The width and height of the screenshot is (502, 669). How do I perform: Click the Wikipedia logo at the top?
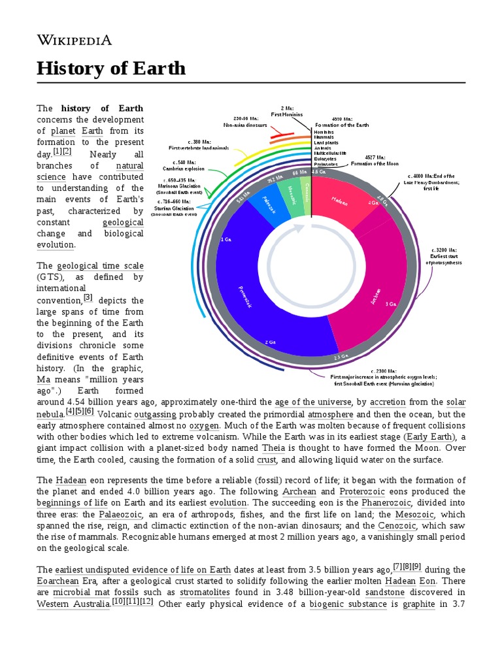pos(74,40)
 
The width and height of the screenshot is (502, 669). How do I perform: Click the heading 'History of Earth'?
pos(111,69)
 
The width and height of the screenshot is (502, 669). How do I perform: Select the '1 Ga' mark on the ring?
pos(226,240)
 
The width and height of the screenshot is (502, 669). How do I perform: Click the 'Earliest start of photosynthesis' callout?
pos(444,256)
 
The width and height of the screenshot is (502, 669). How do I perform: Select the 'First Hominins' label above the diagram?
pos(287,111)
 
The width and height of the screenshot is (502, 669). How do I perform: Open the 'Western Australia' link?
pos(73,604)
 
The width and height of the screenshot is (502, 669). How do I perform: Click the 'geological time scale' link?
pos(100,266)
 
